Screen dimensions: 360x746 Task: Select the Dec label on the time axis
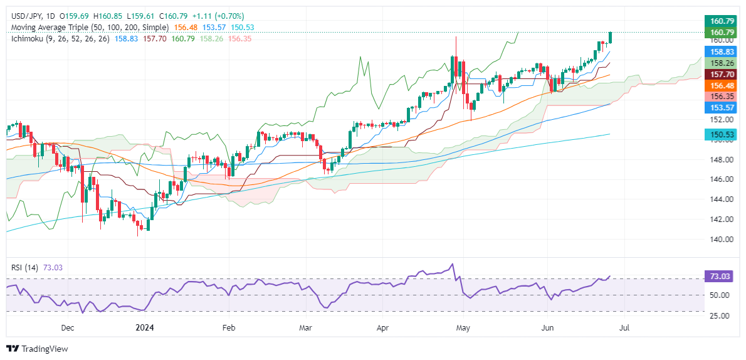[x=68, y=327]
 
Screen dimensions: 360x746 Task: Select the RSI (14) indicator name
[x=24, y=268]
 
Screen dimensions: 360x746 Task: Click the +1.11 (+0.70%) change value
[x=221, y=16]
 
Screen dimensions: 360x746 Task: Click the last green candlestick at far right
[x=611, y=38]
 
